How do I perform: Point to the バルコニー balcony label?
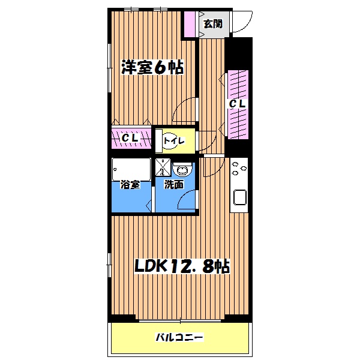179,338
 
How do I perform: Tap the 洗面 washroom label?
174,185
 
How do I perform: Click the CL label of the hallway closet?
238,103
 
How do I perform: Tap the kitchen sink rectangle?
239,197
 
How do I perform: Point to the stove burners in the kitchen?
238,170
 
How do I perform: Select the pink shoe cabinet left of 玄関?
190,25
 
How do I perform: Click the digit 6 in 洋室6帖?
160,68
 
